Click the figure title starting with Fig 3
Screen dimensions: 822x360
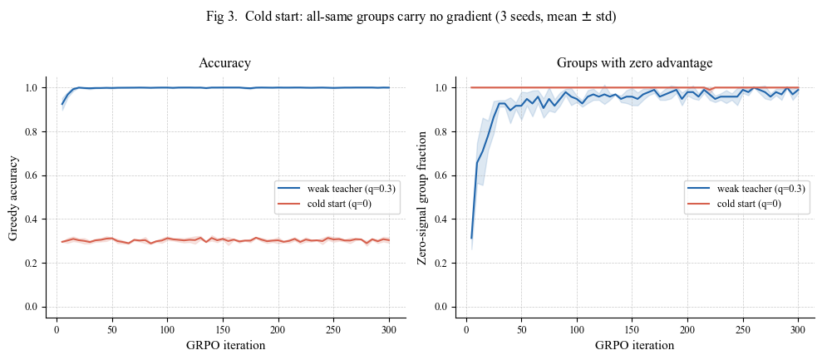point(411,17)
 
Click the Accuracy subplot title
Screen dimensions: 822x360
point(225,63)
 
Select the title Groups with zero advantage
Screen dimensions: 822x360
point(634,63)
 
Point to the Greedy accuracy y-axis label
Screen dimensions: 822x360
point(13,197)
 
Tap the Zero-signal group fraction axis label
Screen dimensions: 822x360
point(422,197)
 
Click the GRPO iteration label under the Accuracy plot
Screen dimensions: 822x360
point(225,345)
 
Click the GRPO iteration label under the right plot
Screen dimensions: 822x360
point(634,345)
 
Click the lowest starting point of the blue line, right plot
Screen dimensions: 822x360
point(471,239)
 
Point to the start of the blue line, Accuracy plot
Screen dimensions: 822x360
point(62,104)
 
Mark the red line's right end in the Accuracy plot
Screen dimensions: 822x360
point(390,239)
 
